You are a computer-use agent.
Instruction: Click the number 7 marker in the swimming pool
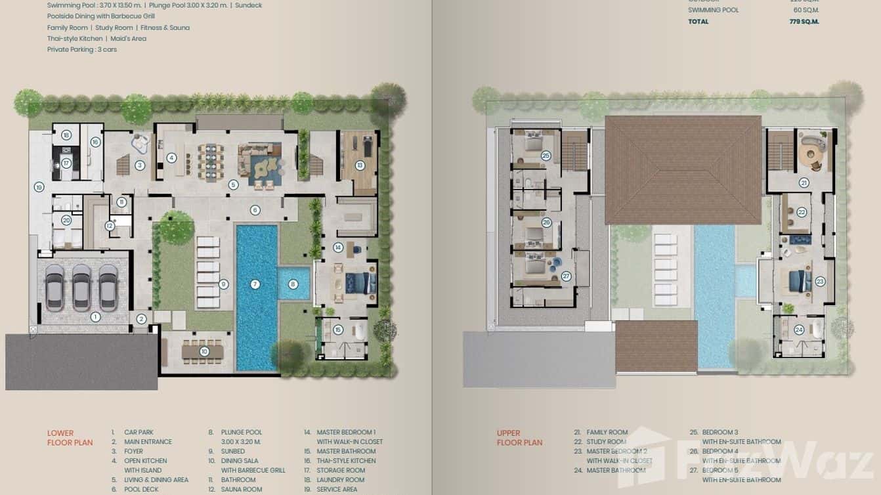click(x=255, y=284)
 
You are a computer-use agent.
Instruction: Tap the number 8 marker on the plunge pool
click(x=293, y=284)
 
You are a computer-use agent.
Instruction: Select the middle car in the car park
click(x=81, y=288)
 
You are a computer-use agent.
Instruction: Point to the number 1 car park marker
click(x=95, y=317)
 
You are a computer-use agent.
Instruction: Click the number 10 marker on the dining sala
click(x=204, y=352)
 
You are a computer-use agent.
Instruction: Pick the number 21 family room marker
click(x=804, y=183)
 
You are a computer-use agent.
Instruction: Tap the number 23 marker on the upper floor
click(x=820, y=281)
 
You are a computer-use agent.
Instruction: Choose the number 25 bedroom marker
click(x=546, y=156)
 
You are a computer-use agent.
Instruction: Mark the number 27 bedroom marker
click(x=566, y=276)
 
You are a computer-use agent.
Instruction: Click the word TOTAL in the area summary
click(x=698, y=22)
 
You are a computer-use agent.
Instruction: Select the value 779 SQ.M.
click(x=804, y=22)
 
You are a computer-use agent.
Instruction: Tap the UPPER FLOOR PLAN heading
click(x=519, y=438)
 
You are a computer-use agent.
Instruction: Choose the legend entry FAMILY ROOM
click(x=607, y=433)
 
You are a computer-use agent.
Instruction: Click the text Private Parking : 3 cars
click(x=82, y=49)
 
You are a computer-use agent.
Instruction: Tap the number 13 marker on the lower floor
click(x=360, y=165)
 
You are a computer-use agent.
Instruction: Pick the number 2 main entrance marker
click(x=141, y=320)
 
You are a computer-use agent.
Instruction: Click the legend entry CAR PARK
click(x=139, y=433)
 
